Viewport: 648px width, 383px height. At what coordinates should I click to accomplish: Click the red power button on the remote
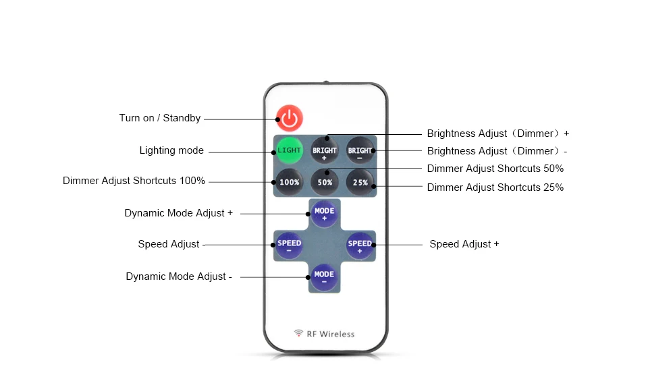290,118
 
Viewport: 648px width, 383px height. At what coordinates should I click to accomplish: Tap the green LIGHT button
290,150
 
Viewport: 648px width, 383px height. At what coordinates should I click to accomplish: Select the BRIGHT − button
360,150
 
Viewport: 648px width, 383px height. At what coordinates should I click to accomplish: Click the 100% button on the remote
290,182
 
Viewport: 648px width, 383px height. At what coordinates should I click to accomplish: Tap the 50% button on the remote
325,182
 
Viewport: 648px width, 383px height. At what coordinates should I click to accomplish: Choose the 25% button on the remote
360,182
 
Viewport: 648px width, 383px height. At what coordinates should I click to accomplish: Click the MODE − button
324,277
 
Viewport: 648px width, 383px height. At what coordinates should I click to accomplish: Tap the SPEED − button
289,245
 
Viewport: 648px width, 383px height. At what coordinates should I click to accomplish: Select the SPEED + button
360,245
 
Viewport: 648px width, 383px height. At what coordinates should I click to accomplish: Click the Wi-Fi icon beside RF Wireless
298,333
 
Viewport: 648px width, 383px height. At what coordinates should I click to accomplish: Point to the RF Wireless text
331,334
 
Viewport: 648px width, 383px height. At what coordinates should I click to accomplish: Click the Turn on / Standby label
160,118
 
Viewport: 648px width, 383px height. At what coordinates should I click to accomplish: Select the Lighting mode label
171,150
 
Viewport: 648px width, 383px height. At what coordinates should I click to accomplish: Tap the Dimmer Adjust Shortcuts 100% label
134,181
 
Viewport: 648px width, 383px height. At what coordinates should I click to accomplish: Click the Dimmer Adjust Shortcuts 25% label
495,187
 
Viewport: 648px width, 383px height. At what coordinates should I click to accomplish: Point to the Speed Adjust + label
464,244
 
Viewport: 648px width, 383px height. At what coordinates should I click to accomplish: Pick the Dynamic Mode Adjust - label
179,276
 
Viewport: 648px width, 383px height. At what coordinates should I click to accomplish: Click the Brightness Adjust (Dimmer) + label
498,134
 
